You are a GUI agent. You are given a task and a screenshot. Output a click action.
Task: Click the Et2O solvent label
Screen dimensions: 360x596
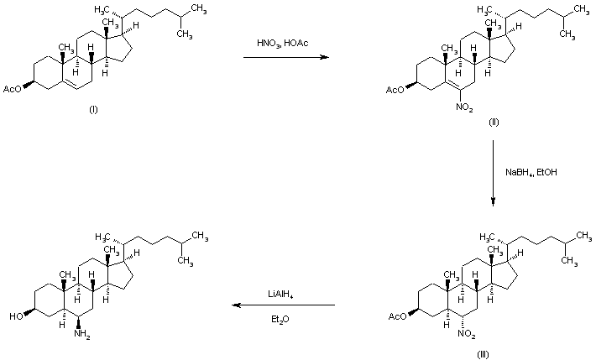(280, 319)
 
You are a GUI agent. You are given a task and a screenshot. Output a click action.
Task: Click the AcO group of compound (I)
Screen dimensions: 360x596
(14, 86)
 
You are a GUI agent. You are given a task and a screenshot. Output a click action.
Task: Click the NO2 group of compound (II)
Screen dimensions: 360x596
(464, 107)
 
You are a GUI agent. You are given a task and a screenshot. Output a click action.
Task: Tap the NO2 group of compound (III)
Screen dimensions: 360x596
(466, 336)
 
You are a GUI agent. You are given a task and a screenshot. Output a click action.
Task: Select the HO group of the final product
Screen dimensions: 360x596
(16, 316)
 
